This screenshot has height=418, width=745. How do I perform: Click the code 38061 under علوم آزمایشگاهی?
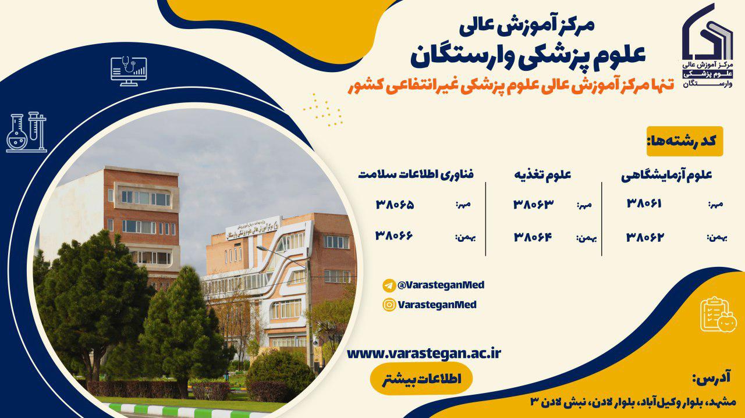[644, 203]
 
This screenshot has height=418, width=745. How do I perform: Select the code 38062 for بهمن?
[644, 237]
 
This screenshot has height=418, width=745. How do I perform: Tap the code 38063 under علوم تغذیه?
[533, 204]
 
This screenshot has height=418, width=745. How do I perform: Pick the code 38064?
[533, 237]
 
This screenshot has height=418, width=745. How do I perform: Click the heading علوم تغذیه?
[542, 175]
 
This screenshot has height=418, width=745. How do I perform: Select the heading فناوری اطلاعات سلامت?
[416, 174]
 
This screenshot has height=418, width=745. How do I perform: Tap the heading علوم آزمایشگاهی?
[667, 175]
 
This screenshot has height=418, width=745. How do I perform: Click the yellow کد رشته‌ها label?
[684, 141]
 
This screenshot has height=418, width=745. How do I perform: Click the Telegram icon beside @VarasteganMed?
[389, 285]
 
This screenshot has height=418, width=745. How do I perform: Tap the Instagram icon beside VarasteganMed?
[389, 305]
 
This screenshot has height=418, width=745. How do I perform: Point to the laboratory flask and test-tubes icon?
[27, 132]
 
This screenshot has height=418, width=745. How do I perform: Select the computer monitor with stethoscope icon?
[129, 71]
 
